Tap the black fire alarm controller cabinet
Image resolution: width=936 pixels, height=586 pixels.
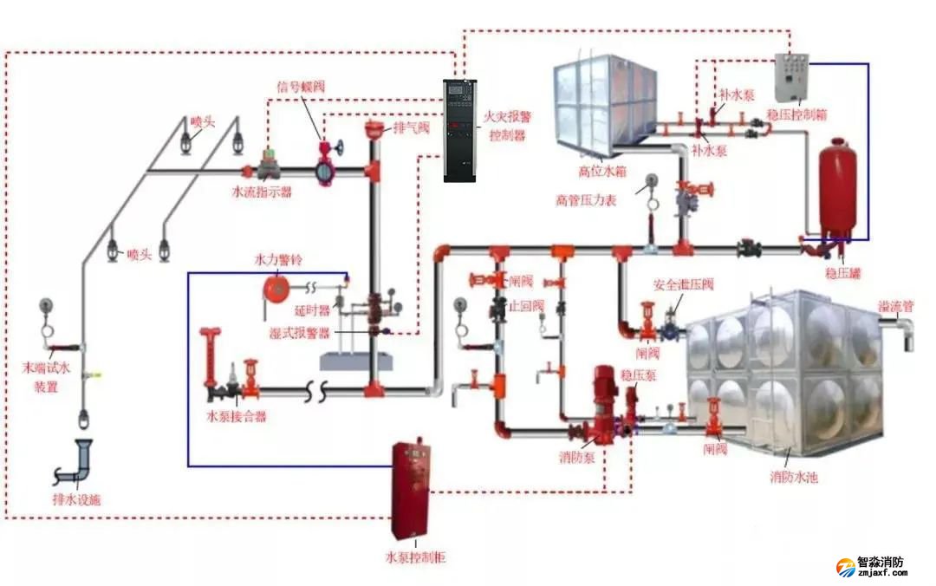tap(460, 130)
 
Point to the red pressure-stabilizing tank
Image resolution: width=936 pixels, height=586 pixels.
tap(837, 187)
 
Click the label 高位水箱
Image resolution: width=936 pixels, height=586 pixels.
tap(603, 171)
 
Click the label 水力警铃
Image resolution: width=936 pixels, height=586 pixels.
tap(277, 260)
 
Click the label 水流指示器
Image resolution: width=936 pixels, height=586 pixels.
tap(261, 192)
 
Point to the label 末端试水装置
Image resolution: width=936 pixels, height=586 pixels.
tap(46, 378)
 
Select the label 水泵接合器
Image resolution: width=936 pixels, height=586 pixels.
tap(236, 417)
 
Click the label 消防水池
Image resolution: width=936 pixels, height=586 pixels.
tap(794, 478)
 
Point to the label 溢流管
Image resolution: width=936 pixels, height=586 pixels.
tap(895, 306)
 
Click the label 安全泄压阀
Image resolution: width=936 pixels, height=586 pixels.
tap(684, 284)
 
